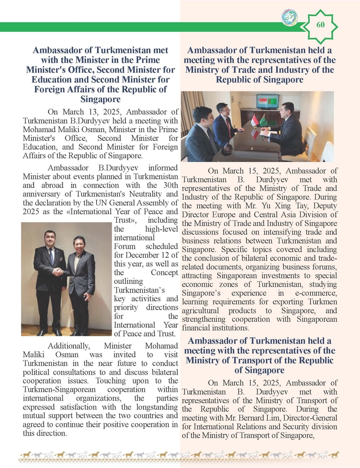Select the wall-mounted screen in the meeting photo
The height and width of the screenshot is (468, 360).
click(267, 101)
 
